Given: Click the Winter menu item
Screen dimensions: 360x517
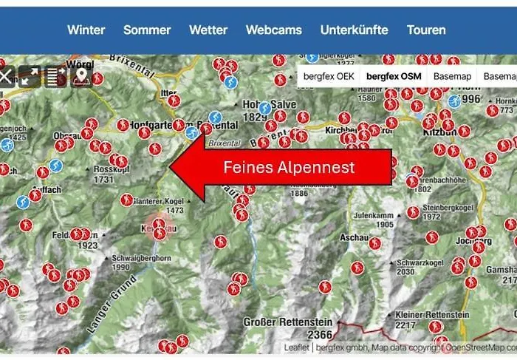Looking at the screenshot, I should [x=86, y=30].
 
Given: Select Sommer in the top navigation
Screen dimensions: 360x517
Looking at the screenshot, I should [x=147, y=30].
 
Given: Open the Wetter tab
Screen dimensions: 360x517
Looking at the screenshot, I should [x=208, y=30].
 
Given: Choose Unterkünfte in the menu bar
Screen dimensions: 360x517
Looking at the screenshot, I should [x=353, y=30].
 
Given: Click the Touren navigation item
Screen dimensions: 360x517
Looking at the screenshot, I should [x=426, y=30].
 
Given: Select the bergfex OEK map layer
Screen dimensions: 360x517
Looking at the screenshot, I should [x=330, y=76].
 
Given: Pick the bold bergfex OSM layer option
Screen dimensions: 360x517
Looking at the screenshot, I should [x=394, y=76].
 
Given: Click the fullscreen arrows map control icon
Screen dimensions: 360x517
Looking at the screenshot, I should [x=30, y=75].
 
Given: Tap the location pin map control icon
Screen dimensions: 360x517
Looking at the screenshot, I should [x=81, y=75].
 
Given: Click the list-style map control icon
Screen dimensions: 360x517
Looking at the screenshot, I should [x=55, y=75].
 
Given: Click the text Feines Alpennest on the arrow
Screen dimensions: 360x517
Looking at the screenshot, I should [x=289, y=168].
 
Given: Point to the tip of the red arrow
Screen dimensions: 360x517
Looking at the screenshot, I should [x=171, y=168].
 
